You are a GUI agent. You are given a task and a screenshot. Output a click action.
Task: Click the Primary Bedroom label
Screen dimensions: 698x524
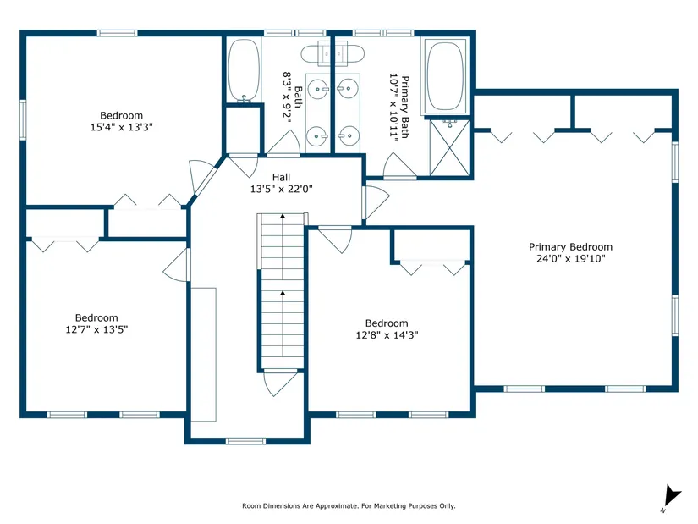pyautogui.click(x=570, y=247)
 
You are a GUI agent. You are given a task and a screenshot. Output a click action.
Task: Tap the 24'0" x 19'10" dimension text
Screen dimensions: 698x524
pyautogui.click(x=571, y=259)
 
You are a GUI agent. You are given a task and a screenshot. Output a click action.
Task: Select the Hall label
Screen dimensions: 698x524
pyautogui.click(x=282, y=177)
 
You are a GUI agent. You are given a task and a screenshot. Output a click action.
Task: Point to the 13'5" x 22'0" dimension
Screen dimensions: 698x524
pyautogui.click(x=282, y=189)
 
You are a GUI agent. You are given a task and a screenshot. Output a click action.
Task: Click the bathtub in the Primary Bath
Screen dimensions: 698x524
pyautogui.click(x=445, y=76)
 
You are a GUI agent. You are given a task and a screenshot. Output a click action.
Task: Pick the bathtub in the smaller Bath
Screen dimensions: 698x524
pyautogui.click(x=244, y=70)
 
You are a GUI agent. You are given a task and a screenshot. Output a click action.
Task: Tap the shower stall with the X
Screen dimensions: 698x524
pyautogui.click(x=449, y=147)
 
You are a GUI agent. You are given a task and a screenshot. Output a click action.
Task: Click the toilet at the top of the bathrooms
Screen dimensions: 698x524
pyautogui.click(x=333, y=54)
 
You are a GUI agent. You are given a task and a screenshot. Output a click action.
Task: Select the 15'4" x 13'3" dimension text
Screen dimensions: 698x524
pyautogui.click(x=122, y=127)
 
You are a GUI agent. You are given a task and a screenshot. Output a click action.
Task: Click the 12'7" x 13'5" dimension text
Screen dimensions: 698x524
pyautogui.click(x=96, y=329)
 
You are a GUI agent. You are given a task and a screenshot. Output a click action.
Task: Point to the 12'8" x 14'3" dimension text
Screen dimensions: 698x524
pyautogui.click(x=387, y=334)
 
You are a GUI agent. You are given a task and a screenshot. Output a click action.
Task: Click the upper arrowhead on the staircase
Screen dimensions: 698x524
pyautogui.click(x=283, y=216)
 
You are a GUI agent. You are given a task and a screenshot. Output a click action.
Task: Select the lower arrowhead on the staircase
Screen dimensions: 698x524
pyautogui.click(x=283, y=293)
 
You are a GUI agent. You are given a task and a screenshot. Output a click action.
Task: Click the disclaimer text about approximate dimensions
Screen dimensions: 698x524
pyautogui.click(x=349, y=505)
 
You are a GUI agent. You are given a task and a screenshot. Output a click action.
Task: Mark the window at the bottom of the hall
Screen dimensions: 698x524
pyautogui.click(x=245, y=441)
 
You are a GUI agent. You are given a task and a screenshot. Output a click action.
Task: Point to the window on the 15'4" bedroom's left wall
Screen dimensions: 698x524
pyautogui.click(x=23, y=120)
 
